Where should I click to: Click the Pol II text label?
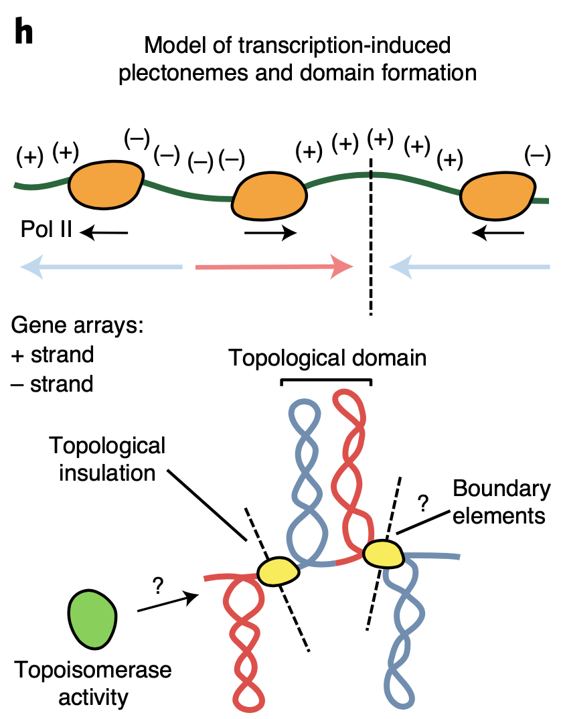click(x=43, y=232)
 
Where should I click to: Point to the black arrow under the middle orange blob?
click(x=269, y=233)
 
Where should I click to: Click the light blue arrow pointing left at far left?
click(x=100, y=268)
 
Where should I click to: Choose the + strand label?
click(x=53, y=355)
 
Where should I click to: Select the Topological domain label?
click(x=327, y=357)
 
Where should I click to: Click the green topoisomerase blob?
click(x=92, y=615)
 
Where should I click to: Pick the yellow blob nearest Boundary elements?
click(x=382, y=553)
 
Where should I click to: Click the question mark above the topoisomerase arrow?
click(x=158, y=586)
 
